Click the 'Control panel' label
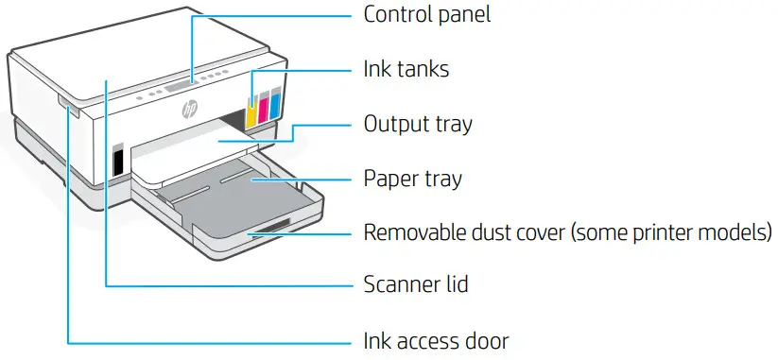[x=427, y=15]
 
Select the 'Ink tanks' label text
[x=406, y=69]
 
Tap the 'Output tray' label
[x=418, y=124]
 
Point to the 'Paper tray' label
[x=412, y=178]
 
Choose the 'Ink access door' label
[x=437, y=339]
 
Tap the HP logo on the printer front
[x=192, y=110]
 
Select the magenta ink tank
[x=264, y=105]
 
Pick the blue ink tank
[x=275, y=102]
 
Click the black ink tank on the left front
[x=118, y=162]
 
